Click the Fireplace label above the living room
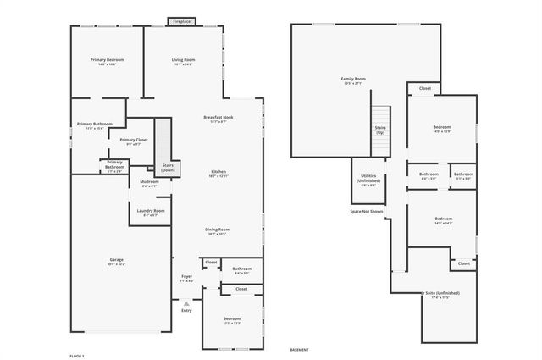(180, 21)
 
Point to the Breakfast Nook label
(218, 119)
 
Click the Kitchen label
(218, 173)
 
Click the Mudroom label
(150, 183)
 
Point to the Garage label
(116, 261)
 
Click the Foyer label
(187, 278)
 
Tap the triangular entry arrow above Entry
(186, 302)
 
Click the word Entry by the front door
(186, 310)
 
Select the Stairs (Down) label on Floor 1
(169, 168)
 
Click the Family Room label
(353, 80)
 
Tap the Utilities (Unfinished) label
(368, 178)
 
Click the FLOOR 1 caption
(76, 356)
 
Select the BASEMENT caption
(299, 349)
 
